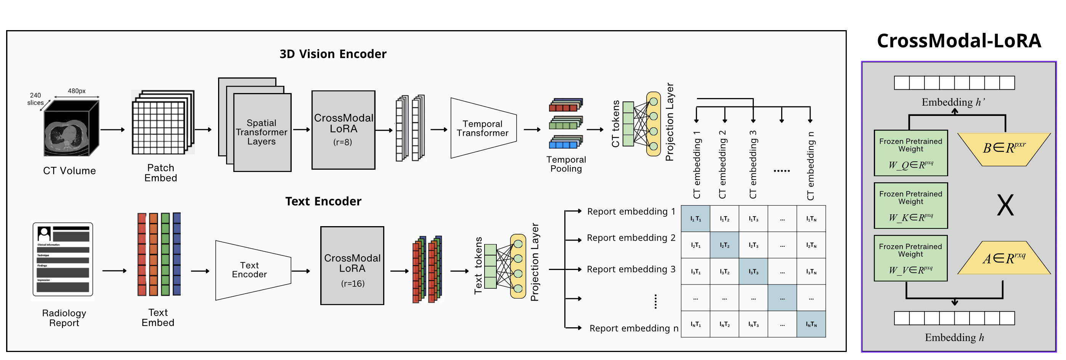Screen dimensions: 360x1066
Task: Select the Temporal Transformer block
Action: (x=483, y=128)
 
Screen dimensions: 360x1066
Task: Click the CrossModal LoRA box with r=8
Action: (x=344, y=130)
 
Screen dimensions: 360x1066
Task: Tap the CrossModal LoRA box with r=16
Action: (x=352, y=266)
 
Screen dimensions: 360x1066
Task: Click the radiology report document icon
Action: (x=63, y=259)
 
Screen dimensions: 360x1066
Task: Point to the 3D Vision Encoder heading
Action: (x=333, y=54)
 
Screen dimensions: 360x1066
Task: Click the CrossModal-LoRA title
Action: (x=958, y=41)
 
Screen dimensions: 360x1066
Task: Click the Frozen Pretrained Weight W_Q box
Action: (x=910, y=153)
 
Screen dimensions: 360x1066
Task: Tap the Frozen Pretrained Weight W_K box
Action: (x=910, y=206)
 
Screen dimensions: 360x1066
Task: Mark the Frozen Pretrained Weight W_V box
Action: (x=910, y=258)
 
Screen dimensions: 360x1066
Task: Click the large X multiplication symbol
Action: (x=1005, y=205)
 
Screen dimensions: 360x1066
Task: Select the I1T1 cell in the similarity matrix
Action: (x=695, y=219)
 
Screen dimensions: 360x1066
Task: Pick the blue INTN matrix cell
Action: (x=811, y=324)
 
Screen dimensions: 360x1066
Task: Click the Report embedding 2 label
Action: (x=631, y=238)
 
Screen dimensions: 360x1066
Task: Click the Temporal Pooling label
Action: (x=566, y=164)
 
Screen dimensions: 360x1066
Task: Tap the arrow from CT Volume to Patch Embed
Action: (x=112, y=130)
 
